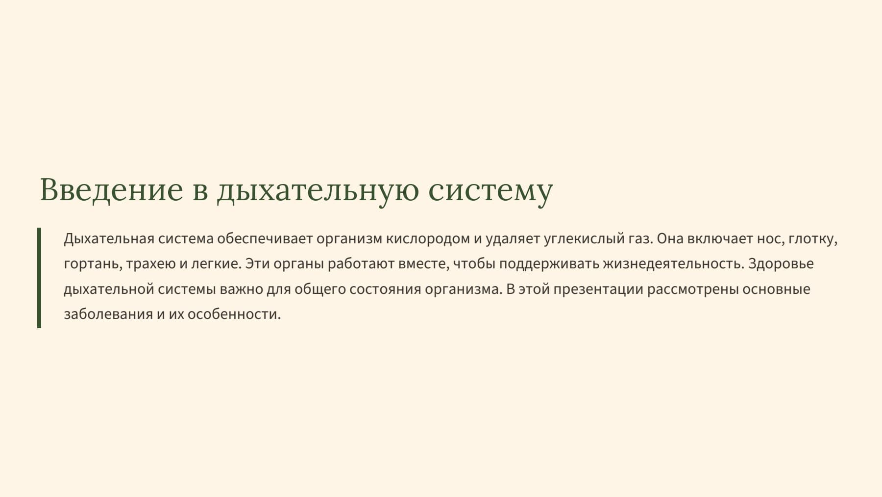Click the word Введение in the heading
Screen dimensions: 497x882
[x=111, y=189]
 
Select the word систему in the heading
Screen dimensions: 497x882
[x=490, y=190]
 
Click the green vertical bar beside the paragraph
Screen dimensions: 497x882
[x=39, y=278]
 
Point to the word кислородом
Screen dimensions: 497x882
[x=428, y=239]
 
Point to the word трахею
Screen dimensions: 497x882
[x=150, y=264]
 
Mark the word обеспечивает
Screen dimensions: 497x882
[x=265, y=239]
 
